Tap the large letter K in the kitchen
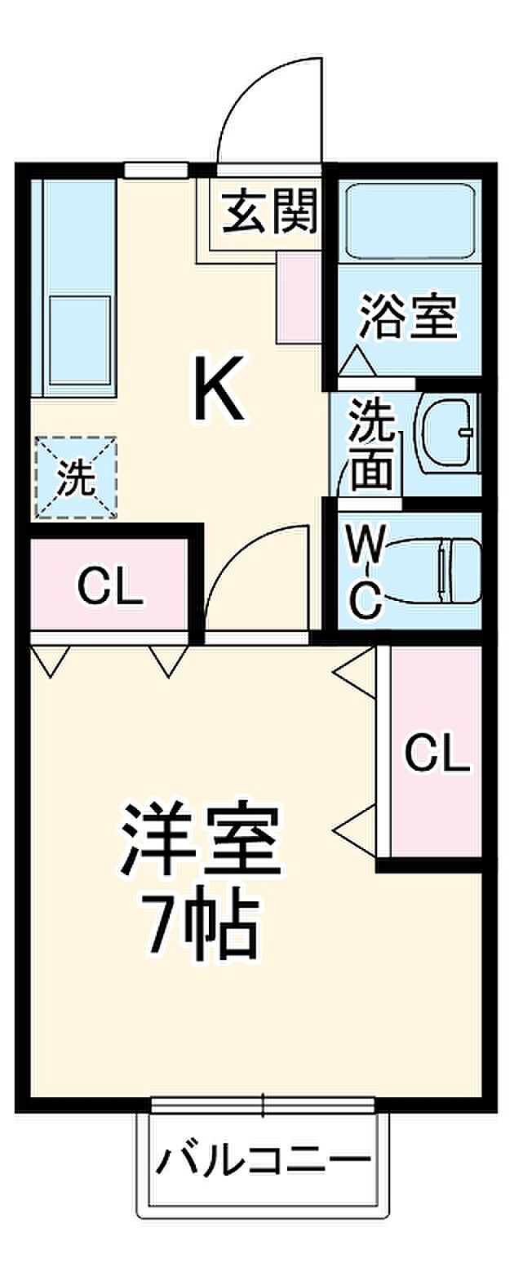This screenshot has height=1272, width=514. coord(218,390)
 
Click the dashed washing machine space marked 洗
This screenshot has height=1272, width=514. coord(75,479)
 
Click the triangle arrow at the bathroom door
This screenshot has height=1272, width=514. coord(357,361)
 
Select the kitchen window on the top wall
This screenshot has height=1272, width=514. coord(156,170)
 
